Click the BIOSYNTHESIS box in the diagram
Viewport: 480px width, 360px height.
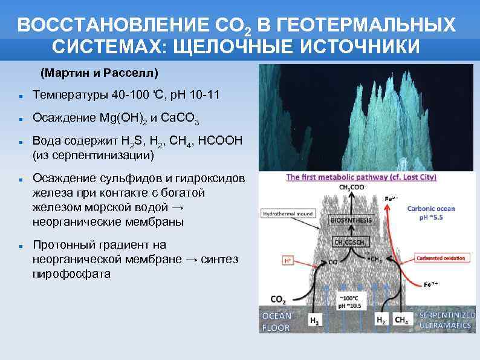click(351, 220)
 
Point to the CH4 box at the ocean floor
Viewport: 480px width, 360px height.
click(401, 320)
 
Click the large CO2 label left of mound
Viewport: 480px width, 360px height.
click(279, 299)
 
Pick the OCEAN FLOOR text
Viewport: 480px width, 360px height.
click(276, 321)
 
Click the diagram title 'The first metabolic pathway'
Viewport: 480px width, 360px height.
click(361, 177)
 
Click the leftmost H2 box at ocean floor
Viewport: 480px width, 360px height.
click(314, 320)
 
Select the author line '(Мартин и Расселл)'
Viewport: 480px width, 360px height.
click(99, 73)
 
